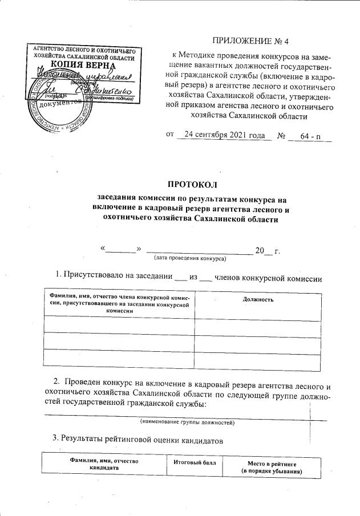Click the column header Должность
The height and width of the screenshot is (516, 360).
(x=261, y=299)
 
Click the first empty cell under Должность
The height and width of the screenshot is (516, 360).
(x=261, y=323)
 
